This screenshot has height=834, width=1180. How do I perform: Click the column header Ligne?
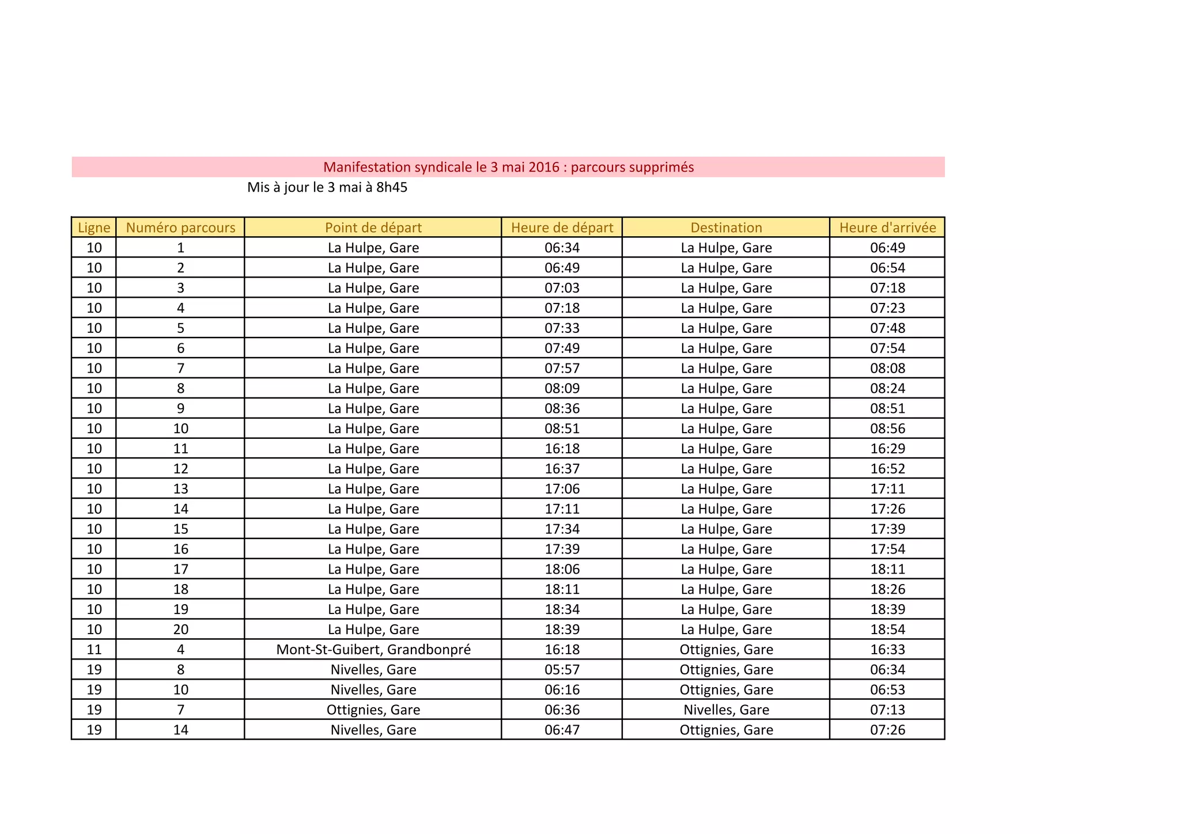(94, 228)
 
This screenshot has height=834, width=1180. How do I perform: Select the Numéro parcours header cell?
(180, 228)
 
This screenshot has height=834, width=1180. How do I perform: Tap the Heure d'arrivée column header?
(887, 228)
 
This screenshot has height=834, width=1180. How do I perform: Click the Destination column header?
(726, 228)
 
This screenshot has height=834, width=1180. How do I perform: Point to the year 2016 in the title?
(544, 167)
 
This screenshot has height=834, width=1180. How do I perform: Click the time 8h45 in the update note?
(391, 187)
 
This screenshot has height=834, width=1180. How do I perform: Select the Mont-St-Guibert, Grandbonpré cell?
(373, 650)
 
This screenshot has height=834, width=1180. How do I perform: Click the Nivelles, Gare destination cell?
(726, 710)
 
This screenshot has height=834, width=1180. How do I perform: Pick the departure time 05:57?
(562, 670)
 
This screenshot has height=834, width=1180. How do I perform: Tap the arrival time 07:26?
(887, 730)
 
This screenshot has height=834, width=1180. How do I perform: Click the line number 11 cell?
(94, 650)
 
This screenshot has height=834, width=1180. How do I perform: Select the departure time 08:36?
(562, 408)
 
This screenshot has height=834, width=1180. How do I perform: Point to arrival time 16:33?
(887, 650)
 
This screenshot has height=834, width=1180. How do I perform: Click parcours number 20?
(180, 630)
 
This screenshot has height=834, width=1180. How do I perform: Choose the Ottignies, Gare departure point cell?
(373, 710)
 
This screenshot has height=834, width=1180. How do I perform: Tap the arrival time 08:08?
(887, 368)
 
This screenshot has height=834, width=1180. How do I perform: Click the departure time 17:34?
(562, 529)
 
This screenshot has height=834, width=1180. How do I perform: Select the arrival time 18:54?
(887, 630)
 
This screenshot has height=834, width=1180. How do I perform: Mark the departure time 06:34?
(562, 248)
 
